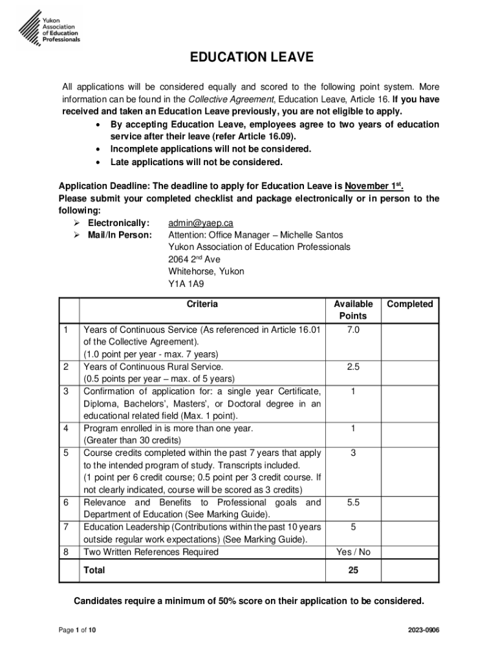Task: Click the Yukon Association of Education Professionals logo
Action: (49, 25)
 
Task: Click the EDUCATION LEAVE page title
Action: (251, 58)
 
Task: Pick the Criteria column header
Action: (202, 304)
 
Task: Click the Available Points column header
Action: (353, 310)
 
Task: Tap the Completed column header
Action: (409, 304)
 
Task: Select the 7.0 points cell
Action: (353, 330)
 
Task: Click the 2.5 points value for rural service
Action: (353, 367)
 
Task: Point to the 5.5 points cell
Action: (353, 503)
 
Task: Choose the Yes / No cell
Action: (353, 552)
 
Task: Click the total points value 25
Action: (353, 571)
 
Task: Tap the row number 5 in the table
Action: (67, 453)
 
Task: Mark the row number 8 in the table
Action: (67, 552)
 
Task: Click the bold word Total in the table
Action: (94, 571)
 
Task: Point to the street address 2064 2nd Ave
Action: (194, 260)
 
